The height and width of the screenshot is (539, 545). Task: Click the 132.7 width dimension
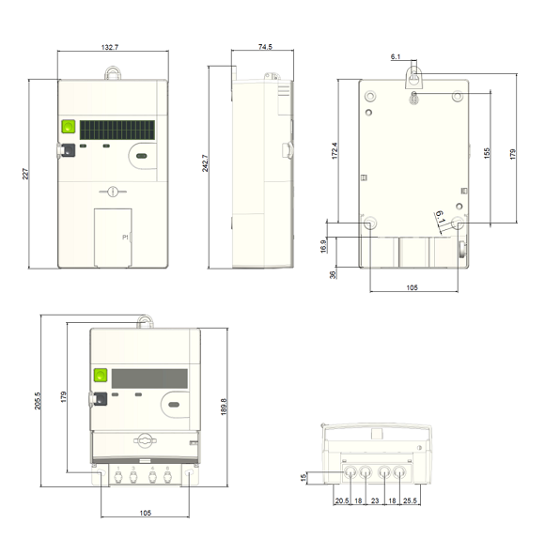113,47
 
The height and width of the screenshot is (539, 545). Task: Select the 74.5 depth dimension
264,47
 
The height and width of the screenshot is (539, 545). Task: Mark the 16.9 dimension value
324,245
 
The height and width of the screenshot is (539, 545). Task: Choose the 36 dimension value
332,275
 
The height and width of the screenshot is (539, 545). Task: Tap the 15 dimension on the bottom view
304,478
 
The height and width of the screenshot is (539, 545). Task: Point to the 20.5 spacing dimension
341,500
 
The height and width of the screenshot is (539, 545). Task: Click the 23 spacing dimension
376,500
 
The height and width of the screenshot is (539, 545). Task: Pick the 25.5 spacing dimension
411,500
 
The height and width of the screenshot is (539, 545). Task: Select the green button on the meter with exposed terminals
99,377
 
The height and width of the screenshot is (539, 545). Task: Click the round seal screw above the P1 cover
111,192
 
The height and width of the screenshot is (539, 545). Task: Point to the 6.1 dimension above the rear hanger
396,57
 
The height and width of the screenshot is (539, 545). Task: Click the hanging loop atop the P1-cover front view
113,71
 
